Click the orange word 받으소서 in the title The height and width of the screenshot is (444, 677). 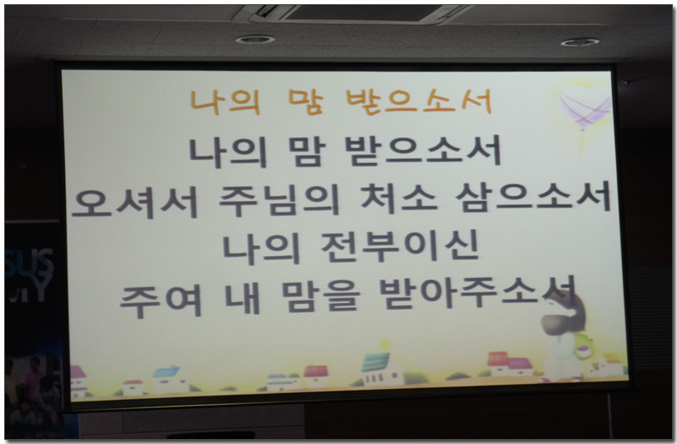coord(419,102)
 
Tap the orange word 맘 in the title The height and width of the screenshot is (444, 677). coord(306,102)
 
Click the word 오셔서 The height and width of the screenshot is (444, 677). coord(135,201)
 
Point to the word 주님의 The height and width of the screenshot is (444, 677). coord(279,199)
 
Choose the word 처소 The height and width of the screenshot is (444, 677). coord(398,198)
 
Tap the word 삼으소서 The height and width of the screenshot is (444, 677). coord(534,197)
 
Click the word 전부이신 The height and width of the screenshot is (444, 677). coord(400,246)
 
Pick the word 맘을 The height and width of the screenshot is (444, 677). coord(320,296)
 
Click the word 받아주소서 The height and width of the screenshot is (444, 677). coord(477,292)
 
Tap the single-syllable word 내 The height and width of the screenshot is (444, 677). coord(243,299)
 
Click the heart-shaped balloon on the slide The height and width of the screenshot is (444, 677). coord(585,107)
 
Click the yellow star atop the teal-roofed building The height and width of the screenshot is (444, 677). coord(384,345)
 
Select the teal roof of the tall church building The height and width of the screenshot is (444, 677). coord(375,362)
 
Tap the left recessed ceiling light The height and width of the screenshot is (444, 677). coord(255,40)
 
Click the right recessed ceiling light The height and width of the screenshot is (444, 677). coord(579,43)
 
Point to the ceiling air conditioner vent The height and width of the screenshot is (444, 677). coord(354,14)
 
